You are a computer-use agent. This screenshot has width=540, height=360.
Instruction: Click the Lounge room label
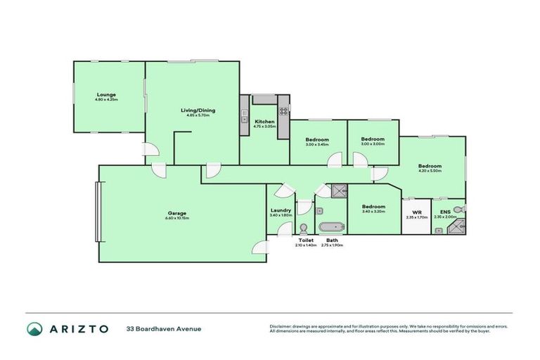coord(107,95)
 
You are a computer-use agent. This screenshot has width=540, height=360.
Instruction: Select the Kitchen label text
coord(264,122)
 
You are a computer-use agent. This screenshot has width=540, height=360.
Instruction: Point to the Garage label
coord(176,213)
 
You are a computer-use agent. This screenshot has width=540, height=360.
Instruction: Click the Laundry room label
coord(280,210)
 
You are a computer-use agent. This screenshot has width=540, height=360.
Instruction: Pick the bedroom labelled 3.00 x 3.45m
coord(317,140)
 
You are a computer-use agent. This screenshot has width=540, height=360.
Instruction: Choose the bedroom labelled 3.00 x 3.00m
coord(373,139)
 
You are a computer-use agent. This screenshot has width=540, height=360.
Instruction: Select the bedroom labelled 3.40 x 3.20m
coord(373,207)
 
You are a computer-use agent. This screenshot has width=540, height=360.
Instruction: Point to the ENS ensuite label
coord(445,212)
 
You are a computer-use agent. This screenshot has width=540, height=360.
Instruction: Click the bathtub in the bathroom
coord(331,227)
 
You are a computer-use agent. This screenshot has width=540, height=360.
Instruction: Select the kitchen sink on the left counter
coord(244,113)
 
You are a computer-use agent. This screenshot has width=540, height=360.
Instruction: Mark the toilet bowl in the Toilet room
coord(304,229)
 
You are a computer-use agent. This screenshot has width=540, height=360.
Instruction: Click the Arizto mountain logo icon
coord(35,328)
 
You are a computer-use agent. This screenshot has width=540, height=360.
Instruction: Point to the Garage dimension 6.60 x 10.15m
coord(176,218)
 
